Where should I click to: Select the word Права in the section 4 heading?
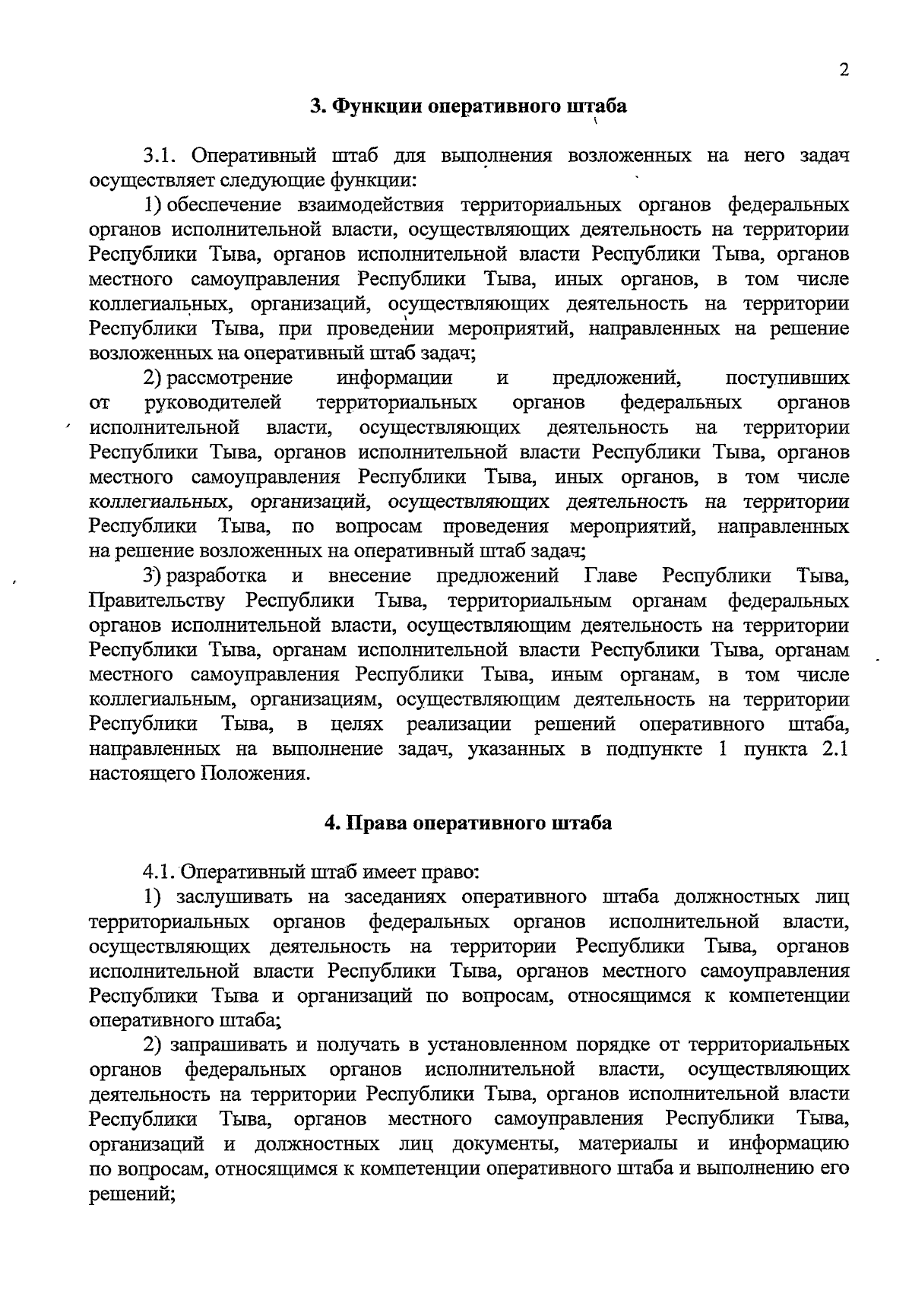[x=373, y=823]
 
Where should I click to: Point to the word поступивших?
[x=787, y=378]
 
